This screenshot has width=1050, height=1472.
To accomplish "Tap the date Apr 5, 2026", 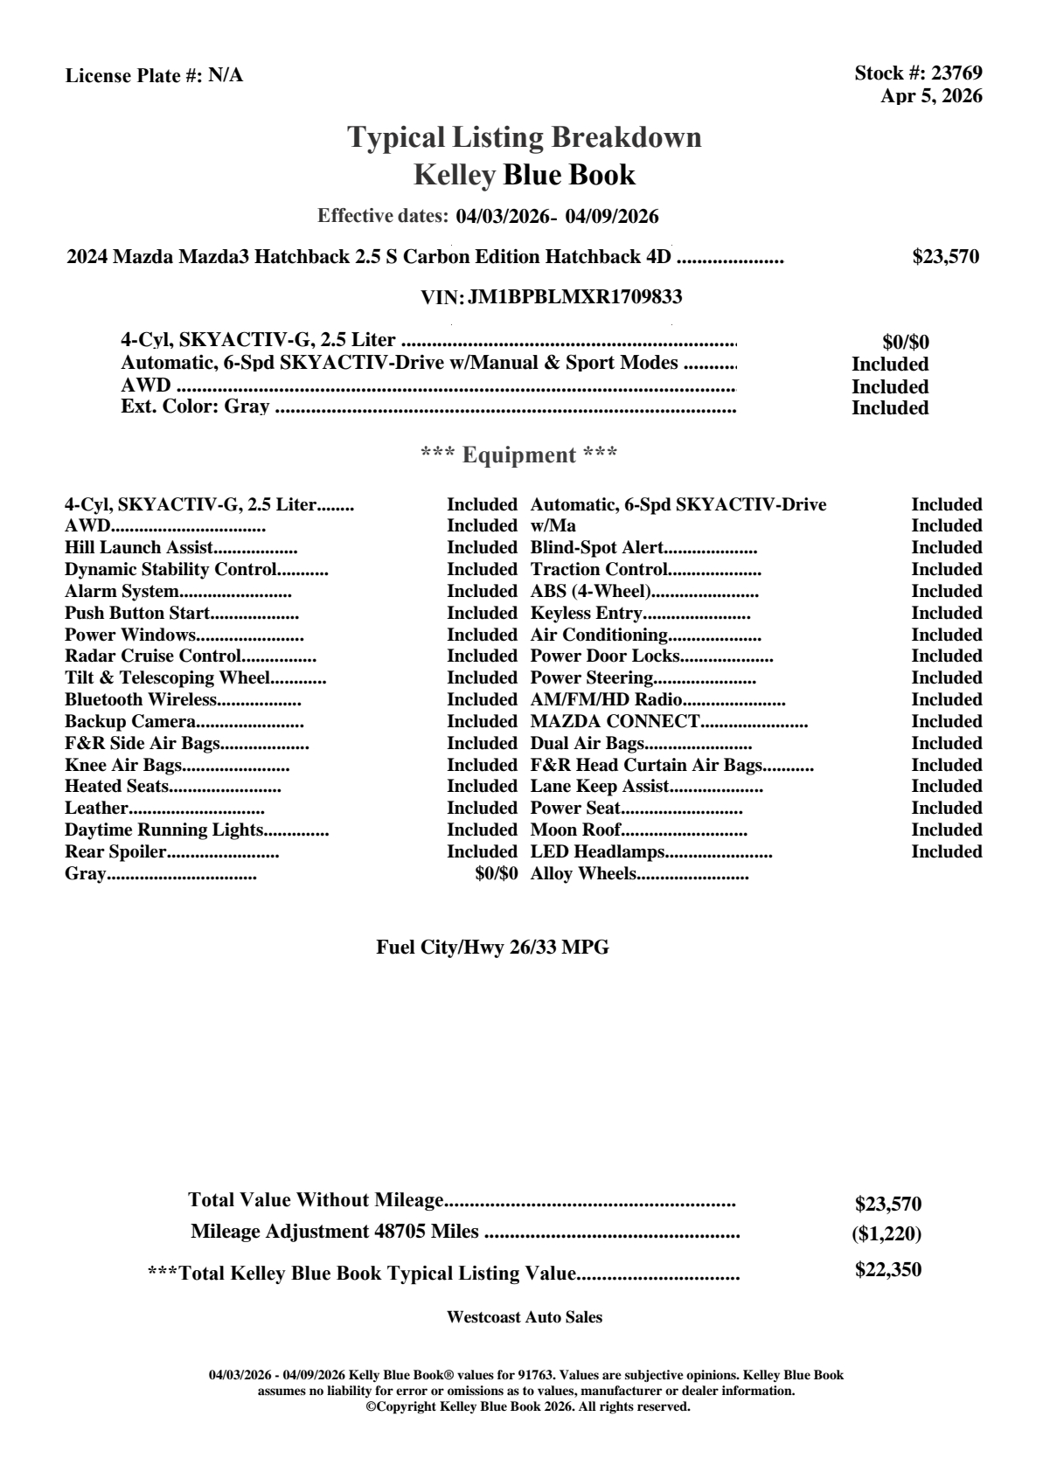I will point(931,96).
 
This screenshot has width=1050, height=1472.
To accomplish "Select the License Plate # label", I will point(134,76).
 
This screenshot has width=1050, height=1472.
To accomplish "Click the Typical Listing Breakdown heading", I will point(525,138).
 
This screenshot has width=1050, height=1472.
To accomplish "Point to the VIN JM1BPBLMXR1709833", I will point(574,297).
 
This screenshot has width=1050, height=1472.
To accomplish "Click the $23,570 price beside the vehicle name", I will point(945,257).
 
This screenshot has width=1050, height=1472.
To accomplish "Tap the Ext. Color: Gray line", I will point(195,406).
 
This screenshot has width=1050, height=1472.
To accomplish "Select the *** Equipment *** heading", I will point(519,455).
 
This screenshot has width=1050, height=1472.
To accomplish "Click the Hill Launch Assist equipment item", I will point(139,548).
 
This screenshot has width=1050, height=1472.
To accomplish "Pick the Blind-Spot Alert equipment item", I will point(597,548).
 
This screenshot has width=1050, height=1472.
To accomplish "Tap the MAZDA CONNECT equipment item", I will point(615,722).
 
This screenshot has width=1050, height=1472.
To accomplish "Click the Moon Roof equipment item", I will point(576,830).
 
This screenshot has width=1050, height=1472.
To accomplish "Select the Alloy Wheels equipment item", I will point(583,874).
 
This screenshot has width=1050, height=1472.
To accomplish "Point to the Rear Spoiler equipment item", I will point(115,852).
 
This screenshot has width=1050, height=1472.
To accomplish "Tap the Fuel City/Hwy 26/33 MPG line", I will point(492,948).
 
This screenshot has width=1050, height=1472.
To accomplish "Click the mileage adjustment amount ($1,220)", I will point(887,1234).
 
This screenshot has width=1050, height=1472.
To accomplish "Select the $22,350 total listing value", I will point(887,1270).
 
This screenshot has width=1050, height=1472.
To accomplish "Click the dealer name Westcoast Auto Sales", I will point(524,1317).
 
